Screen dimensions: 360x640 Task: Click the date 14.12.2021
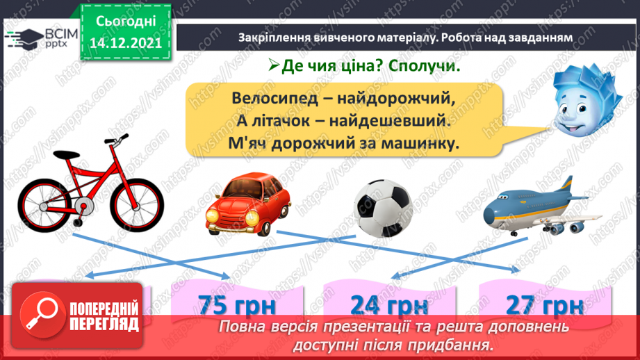pyautogui.click(x=125, y=42)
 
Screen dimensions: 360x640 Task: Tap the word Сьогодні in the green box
pyautogui.click(x=125, y=20)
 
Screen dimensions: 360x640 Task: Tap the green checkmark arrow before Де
pyautogui.click(x=273, y=67)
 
